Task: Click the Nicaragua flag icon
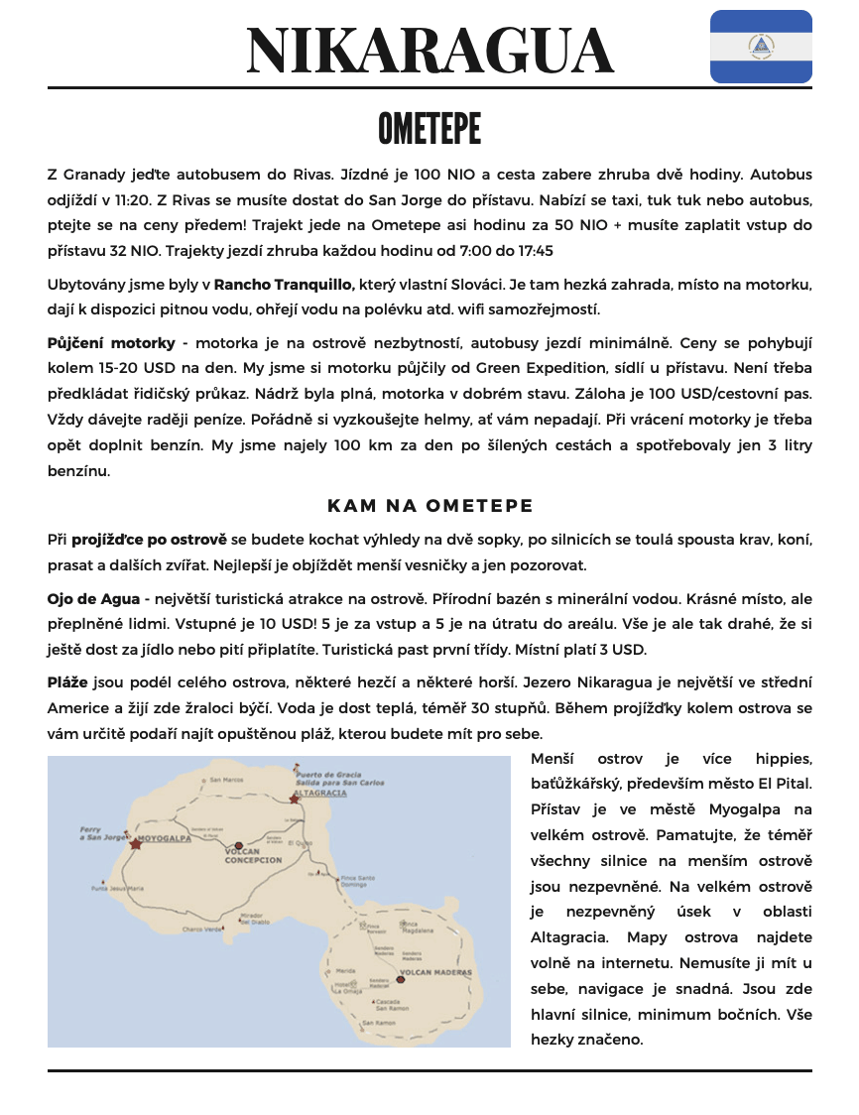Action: click(x=761, y=46)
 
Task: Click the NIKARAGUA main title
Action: click(x=429, y=51)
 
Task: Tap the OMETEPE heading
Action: click(x=429, y=129)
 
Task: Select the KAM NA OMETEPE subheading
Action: click(x=429, y=506)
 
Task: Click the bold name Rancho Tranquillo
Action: click(x=284, y=285)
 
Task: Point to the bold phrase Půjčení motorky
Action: click(x=111, y=343)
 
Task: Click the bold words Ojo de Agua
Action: click(x=93, y=599)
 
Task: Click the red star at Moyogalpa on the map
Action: click(x=136, y=844)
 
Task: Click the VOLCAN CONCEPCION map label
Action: click(x=255, y=856)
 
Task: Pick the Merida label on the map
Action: click(x=345, y=969)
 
